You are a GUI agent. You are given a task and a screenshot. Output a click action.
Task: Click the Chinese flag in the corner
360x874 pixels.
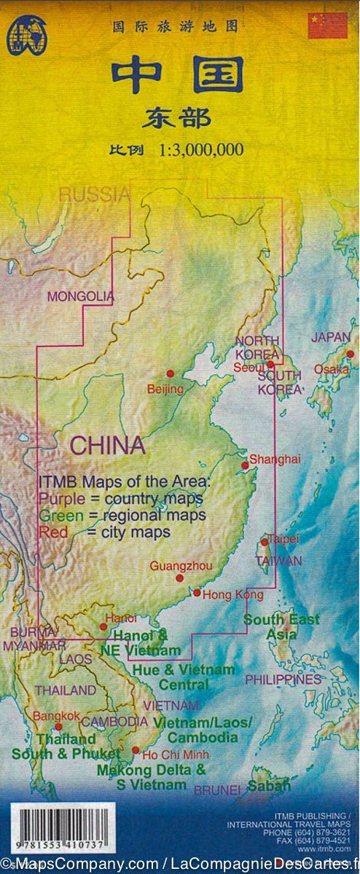tap(327, 25)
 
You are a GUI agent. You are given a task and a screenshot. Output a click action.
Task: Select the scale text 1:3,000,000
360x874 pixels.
tap(200, 151)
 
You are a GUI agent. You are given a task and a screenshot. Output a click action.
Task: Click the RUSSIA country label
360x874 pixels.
tap(94, 194)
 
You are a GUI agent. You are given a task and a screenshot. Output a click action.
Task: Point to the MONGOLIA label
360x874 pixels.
tap(80, 296)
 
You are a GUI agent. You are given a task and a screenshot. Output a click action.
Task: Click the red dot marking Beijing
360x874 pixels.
tap(171, 373)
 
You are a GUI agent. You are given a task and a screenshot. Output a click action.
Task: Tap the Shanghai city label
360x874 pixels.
tap(274, 459)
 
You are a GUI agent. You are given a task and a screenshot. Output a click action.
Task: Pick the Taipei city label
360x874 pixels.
tap(283, 538)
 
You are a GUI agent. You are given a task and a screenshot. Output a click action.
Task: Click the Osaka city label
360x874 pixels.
tap(331, 369)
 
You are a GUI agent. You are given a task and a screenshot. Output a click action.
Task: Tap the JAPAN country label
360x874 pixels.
tap(331, 337)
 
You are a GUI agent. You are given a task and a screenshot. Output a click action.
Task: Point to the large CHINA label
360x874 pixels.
tap(107, 445)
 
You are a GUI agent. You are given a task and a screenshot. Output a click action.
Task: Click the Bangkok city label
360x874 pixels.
tap(56, 716)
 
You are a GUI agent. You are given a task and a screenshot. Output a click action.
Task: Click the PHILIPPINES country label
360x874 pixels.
tap(283, 679)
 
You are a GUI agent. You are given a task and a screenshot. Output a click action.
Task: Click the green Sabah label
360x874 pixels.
tap(268, 786)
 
